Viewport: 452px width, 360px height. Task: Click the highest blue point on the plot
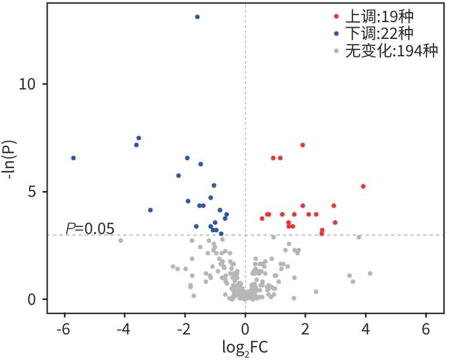197,17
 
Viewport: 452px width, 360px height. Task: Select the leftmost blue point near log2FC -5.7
73,158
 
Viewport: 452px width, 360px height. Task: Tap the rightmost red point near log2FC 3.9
363,186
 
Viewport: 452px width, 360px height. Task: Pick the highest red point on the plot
303,145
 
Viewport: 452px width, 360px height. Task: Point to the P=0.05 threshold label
90,228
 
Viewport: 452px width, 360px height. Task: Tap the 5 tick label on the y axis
33,192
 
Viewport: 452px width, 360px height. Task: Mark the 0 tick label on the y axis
33,299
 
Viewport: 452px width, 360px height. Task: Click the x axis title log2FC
245,347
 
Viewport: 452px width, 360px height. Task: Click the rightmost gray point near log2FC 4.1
370,273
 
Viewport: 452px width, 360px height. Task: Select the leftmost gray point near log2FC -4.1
121,240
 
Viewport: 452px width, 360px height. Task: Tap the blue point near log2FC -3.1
150,210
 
